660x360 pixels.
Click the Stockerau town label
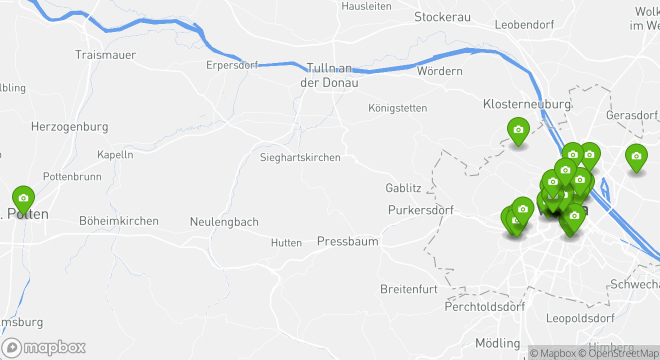pos(442,17)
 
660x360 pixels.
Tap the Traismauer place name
pos(105,54)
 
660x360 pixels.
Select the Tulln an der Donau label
pos(329,75)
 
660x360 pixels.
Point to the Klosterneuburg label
pos(526,104)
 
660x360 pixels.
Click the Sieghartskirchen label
pos(300,157)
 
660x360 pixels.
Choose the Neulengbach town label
pos(224,221)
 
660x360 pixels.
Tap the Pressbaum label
pos(347,241)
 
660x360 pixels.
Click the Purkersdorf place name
pos(421,210)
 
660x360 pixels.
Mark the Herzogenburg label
pos(69,126)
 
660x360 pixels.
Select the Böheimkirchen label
pos(119,220)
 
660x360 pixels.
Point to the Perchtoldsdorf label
pos(485,306)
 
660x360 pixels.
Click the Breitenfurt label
pos(409,289)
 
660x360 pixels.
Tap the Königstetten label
pos(397,108)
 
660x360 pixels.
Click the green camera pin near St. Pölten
pos(23,198)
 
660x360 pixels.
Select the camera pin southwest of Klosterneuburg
pos(518,130)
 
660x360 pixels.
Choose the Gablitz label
pos(403,188)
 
